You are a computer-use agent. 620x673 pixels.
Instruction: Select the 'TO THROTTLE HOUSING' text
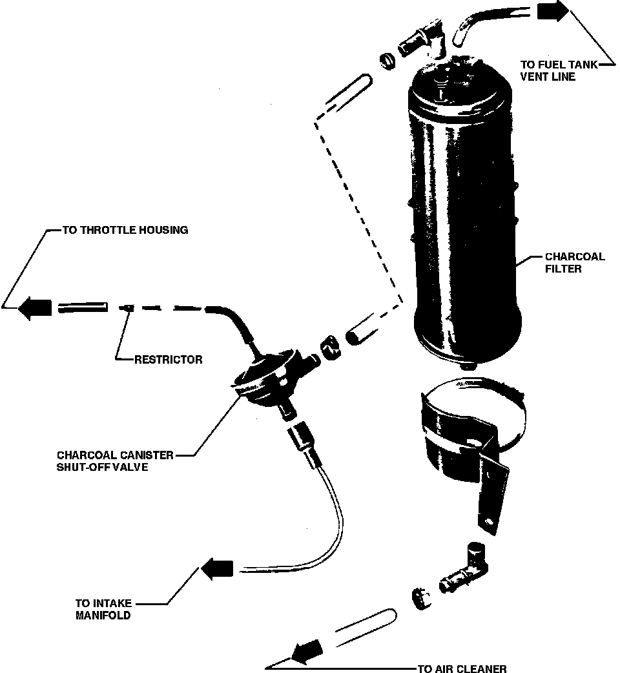[x=125, y=230]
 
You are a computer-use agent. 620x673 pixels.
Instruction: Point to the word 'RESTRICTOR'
[x=168, y=360]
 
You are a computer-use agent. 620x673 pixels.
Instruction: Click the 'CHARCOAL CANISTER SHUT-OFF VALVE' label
[x=115, y=461]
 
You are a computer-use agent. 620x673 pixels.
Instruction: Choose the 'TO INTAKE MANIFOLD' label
[x=103, y=610]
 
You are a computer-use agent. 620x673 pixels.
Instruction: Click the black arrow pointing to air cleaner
[x=308, y=650]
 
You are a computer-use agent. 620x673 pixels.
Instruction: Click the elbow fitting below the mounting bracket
[x=468, y=568]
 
